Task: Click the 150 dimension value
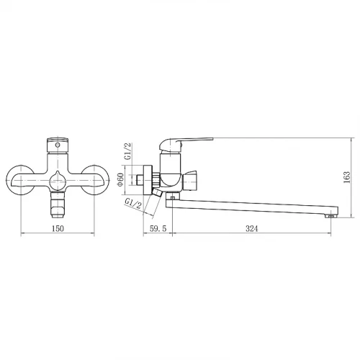[58, 228]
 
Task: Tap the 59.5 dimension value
[158, 228]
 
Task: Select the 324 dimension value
[251, 228]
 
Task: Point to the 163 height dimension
[347, 177]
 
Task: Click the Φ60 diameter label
[120, 180]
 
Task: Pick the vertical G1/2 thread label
[128, 151]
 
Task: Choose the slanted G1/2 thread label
[133, 203]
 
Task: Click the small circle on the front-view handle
[58, 145]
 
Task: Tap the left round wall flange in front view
[19, 180]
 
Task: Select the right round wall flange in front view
[96, 180]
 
